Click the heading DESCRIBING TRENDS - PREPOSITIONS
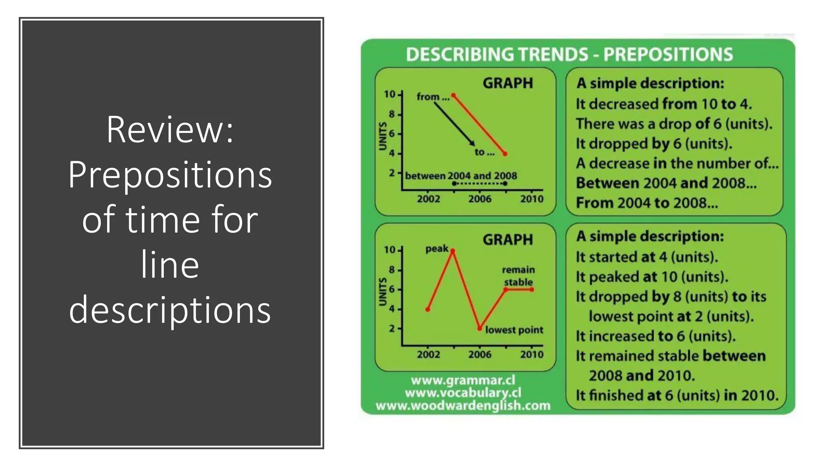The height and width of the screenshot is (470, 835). pos(569,54)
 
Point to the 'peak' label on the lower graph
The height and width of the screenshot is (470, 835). pos(437,248)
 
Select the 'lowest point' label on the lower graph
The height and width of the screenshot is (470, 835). pos(514,330)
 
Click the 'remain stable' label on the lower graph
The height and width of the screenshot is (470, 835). pos(518,276)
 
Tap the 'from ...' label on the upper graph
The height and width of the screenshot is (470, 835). pos(432,97)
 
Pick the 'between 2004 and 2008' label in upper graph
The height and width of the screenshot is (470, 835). pos(461,176)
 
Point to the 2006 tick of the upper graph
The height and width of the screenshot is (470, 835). pos(479,199)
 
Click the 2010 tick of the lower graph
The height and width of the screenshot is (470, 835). pos(532,354)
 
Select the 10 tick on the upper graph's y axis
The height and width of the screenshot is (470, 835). pos(390,94)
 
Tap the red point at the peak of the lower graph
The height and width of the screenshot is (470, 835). pos(453,251)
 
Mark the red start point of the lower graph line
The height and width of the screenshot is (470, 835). pos(428,309)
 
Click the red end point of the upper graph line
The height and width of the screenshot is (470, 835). pos(505,154)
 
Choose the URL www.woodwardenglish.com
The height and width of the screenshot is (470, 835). pos(463,406)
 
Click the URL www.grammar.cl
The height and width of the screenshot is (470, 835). pos(463,380)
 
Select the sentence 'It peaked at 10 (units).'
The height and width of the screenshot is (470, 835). pos(652,277)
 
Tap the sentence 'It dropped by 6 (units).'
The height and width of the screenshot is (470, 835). pos(654,144)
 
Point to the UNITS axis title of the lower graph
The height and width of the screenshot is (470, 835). pos(382,291)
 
